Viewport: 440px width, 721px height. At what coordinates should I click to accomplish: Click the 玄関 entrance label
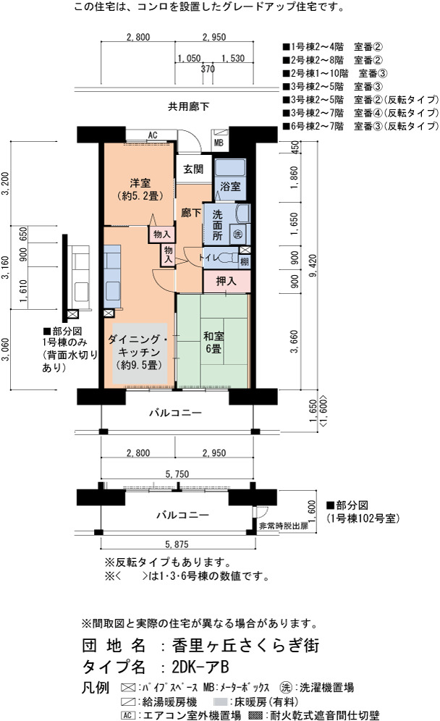tap(193, 169)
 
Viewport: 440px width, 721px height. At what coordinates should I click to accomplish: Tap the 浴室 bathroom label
tap(230, 186)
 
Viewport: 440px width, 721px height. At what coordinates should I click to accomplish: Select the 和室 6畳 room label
tap(213, 342)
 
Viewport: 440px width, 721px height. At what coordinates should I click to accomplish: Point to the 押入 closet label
tap(226, 281)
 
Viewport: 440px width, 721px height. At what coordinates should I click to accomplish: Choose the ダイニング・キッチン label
tap(140, 353)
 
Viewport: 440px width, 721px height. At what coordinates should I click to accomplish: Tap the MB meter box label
tap(219, 143)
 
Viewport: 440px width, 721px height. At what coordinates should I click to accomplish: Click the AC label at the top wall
tap(153, 135)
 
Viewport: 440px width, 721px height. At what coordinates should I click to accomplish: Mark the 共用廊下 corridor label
tap(188, 106)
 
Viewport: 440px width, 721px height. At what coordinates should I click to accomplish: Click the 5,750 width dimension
tap(177, 474)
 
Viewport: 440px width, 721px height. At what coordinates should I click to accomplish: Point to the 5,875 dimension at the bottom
tap(177, 544)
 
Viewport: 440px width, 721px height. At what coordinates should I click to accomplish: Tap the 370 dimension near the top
tap(208, 69)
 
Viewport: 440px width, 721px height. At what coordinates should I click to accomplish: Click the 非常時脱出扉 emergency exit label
tap(284, 526)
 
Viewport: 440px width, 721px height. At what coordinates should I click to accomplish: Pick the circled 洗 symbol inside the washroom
tap(237, 234)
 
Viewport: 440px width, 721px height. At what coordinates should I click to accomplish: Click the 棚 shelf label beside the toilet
tap(245, 261)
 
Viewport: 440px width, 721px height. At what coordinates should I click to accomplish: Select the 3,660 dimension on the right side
tap(295, 342)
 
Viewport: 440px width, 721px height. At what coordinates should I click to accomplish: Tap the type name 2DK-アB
tap(200, 667)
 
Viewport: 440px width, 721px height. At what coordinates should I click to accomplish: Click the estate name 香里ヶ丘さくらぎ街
tap(245, 646)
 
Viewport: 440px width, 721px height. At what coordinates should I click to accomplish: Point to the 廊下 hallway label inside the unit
tap(191, 213)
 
